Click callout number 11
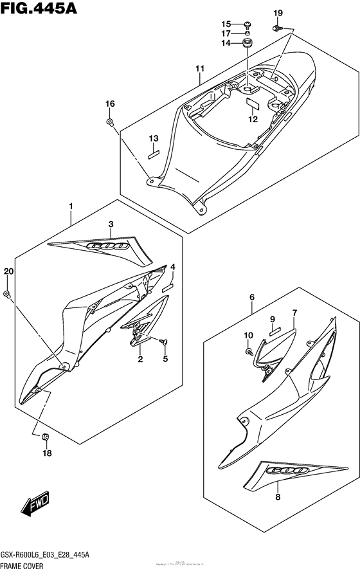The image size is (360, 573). click(199, 68)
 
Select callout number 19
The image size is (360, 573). click(278, 14)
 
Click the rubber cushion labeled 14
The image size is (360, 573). click(248, 44)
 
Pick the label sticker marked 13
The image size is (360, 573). click(154, 154)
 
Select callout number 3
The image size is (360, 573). click(111, 224)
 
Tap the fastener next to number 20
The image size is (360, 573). click(7, 294)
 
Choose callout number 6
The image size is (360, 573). click(252, 296)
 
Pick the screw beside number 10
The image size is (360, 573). click(248, 352)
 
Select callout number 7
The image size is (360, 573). click(294, 313)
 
